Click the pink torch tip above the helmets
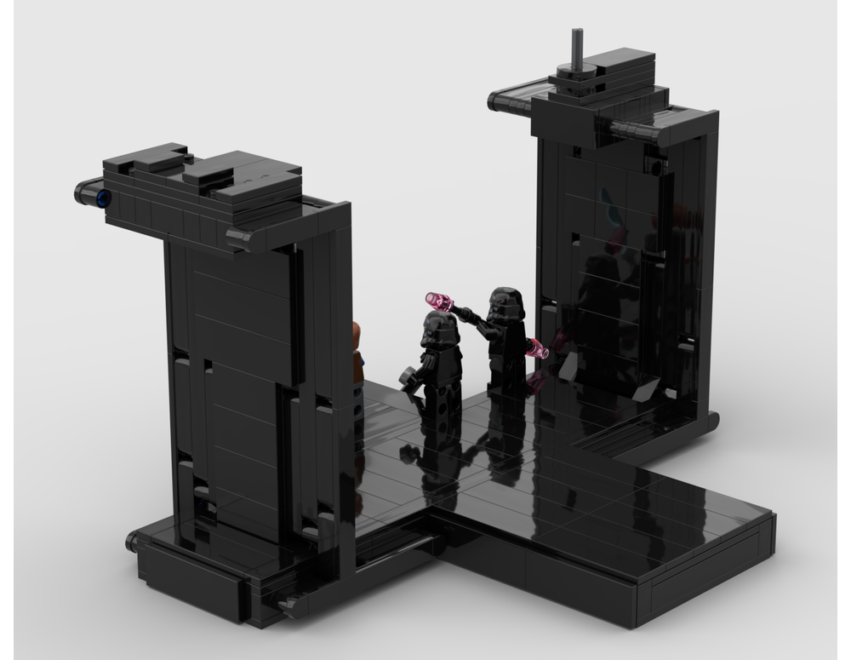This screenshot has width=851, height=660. click(x=439, y=301)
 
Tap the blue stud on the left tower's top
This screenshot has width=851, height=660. click(x=102, y=198)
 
